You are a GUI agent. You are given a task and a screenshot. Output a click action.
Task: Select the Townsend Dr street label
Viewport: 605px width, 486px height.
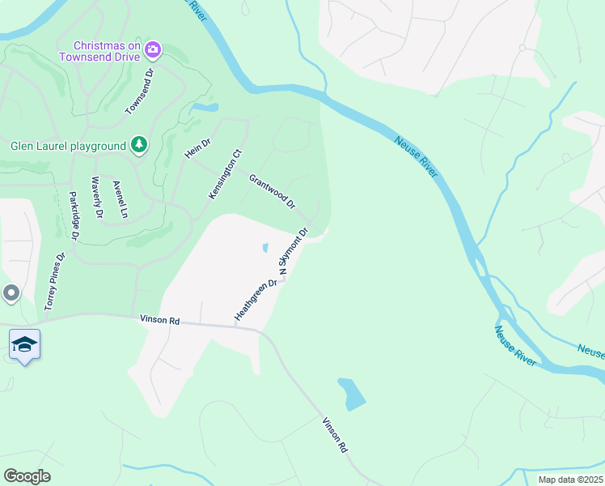[x=139, y=92]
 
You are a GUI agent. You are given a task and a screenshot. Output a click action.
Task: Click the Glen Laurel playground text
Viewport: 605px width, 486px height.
[x=68, y=146]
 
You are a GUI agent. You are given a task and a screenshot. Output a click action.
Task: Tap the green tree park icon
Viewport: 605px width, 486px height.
[x=139, y=145]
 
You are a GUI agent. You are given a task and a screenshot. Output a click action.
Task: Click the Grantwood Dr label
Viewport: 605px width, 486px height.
[x=272, y=191]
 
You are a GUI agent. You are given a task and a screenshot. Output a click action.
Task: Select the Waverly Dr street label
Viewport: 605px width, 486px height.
[x=96, y=197]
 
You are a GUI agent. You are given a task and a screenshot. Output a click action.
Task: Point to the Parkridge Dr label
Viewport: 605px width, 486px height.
[x=74, y=215]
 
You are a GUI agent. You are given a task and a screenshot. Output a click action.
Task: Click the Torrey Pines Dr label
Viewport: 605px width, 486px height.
[x=53, y=282]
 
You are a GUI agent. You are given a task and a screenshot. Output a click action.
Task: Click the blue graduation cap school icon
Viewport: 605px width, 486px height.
[x=25, y=345]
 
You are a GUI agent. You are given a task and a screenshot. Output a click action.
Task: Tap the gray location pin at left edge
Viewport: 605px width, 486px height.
[x=11, y=293]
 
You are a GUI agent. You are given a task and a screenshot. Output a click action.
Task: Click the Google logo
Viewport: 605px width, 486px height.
[x=27, y=476]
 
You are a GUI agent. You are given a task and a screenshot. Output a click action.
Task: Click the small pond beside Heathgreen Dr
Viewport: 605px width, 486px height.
[x=265, y=248]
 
